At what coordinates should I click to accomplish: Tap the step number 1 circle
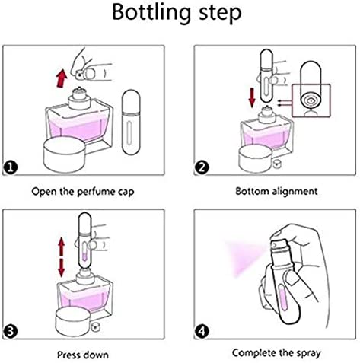(11, 167)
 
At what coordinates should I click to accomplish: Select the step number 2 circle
(202, 167)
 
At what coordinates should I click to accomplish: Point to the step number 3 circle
(11, 331)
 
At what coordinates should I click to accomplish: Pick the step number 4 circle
(202, 331)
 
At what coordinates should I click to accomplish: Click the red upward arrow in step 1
(62, 78)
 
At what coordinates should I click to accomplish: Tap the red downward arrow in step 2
(252, 97)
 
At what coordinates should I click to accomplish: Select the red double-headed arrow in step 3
(61, 257)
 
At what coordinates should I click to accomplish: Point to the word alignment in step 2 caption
(295, 191)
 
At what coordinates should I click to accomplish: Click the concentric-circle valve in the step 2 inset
(311, 101)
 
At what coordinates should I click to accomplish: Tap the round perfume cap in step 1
(65, 154)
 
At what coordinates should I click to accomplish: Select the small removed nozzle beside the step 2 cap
(276, 164)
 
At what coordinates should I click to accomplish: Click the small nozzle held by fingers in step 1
(80, 75)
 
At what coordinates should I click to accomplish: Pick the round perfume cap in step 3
(73, 322)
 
